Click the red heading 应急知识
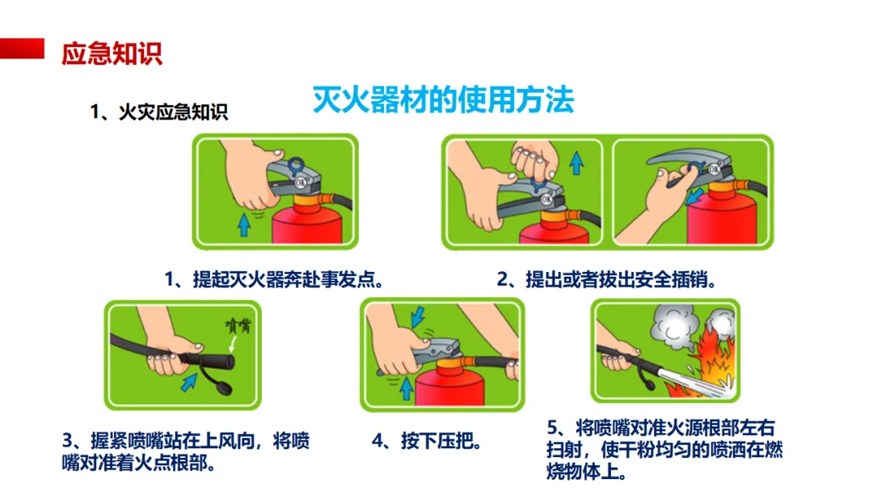coord(112,54)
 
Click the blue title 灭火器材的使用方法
coord(443,100)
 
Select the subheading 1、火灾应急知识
coord(159,112)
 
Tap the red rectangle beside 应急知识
coord(22,49)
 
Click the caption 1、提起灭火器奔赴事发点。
coord(275,279)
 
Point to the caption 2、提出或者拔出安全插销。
coord(606,279)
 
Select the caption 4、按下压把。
coord(427,441)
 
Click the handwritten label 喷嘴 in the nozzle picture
coord(238,325)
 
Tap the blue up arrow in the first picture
coord(244,225)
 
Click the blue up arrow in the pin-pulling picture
coord(577,163)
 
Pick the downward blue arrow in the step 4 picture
coord(418,317)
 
